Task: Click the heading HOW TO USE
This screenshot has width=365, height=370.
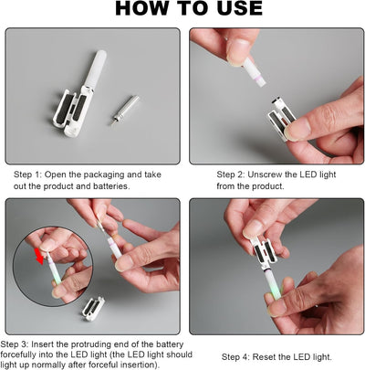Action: coord(189,8)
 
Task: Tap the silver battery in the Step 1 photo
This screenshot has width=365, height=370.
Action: coord(125,111)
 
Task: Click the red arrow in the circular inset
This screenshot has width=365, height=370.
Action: coord(39,256)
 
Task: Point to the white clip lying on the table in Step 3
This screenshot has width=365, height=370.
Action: coord(93,309)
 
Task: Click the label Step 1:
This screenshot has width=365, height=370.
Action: coord(27,174)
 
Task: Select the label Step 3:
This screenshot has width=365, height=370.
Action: coord(14,344)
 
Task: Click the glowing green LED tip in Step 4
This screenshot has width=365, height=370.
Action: coord(276,291)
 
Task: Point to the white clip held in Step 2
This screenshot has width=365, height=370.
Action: coord(281,120)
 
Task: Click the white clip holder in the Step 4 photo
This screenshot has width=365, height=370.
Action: coord(263,250)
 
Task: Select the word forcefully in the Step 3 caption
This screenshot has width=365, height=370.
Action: coord(17,354)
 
